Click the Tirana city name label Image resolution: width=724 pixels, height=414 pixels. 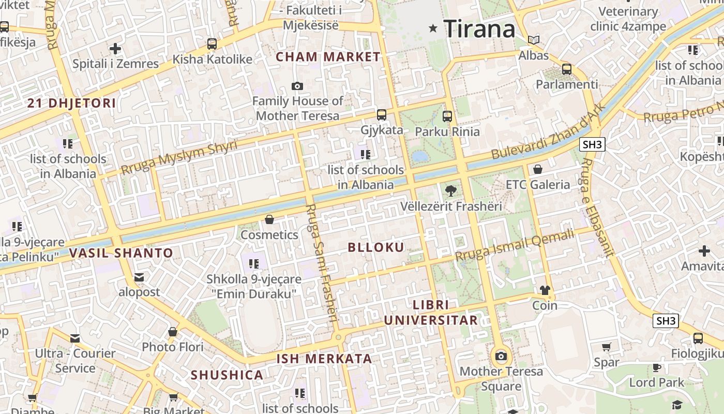479,29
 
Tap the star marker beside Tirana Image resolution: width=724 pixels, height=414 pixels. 433,28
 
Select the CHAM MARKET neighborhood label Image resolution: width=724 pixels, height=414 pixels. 328,57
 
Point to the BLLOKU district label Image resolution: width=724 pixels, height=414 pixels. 376,247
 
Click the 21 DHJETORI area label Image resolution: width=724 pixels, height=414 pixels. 72,103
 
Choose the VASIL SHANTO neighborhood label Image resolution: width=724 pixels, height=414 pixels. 121,253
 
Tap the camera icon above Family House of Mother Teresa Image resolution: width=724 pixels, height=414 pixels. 297,86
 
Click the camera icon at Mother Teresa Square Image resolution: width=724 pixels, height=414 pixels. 501,356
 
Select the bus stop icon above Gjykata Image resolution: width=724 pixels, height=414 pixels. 382,115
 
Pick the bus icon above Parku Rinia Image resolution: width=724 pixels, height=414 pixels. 447,116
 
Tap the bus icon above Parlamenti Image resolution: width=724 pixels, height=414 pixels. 567,69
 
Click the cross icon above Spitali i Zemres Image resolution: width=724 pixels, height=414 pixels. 115,49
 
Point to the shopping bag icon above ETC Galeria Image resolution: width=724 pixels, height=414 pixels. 538,169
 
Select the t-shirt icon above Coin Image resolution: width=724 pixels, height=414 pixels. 545,290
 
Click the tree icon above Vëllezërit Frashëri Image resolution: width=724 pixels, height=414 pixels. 451,190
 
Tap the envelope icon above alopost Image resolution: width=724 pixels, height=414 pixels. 139,277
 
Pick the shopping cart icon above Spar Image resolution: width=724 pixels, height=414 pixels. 607,347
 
